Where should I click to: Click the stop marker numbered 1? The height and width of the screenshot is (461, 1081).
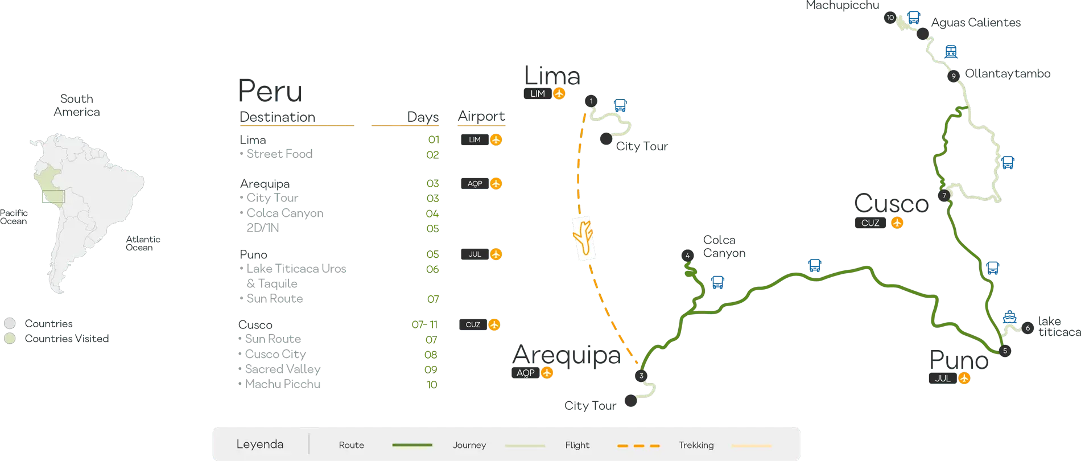coord(591,101)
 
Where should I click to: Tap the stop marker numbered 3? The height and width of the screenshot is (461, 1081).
coord(641,376)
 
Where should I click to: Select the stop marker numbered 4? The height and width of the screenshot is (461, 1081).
coord(687,256)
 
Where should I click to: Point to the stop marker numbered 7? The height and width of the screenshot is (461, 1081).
coord(944,196)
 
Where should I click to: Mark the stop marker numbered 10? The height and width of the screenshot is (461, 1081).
coord(890,18)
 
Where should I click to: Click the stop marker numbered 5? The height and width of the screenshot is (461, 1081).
coord(1005,351)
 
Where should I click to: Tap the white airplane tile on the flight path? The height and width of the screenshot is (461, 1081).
coord(583,238)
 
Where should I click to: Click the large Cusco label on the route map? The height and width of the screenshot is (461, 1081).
coord(890,203)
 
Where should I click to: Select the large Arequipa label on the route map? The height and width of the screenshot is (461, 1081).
coord(567,354)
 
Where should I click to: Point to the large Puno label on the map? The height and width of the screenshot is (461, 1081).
coord(959,360)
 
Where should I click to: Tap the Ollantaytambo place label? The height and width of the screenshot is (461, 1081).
coord(1008,75)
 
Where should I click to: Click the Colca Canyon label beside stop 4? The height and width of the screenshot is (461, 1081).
coord(723,247)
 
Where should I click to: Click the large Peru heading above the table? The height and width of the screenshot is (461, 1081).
coord(271,91)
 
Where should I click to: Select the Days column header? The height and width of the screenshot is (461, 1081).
coord(423,117)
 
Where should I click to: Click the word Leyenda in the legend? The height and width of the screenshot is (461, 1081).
coord(260,444)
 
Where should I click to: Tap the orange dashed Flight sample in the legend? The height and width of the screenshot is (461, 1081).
coord(638,446)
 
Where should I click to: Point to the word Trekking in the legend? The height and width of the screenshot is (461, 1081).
coord(696,445)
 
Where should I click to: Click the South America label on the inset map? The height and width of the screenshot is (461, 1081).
coord(77,105)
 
